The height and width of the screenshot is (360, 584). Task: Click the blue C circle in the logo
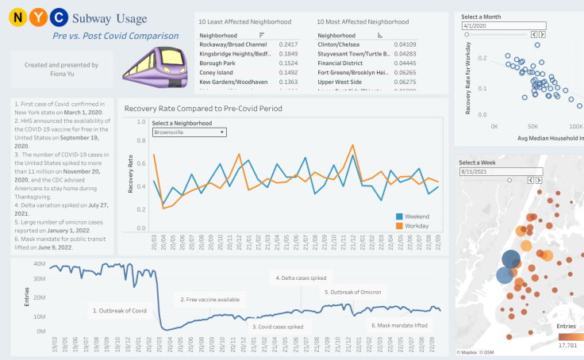tap(60, 17)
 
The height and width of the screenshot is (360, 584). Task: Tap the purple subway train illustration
tap(154, 63)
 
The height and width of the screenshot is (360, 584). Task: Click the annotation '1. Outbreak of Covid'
tap(120, 311)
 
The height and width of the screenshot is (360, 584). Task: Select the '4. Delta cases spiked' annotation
tap(302, 278)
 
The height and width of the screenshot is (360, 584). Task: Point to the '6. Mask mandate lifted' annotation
tap(401, 325)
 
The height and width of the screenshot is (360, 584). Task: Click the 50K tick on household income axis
tap(534, 126)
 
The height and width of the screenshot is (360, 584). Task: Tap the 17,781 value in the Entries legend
tap(567, 344)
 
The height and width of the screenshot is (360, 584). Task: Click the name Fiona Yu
tap(62, 74)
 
